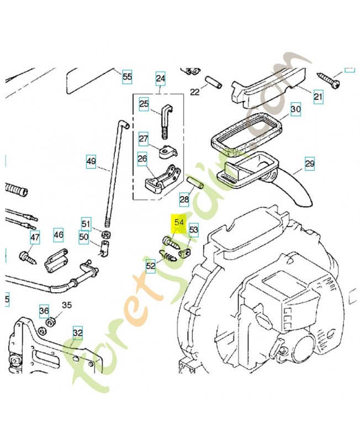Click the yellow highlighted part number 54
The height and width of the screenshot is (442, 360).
coord(178,223)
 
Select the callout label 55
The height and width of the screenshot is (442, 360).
coord(127,77)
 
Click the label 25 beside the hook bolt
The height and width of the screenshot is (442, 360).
coord(144,103)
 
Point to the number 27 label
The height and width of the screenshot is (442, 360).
coord(144,139)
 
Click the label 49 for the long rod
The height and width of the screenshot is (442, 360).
coord(91,162)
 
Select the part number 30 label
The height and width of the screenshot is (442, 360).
coord(295,109)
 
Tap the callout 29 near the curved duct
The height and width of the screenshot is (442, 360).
coord(309,164)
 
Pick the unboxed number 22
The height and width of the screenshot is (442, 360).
coord(194,92)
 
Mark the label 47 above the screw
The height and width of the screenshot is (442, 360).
coord(35,238)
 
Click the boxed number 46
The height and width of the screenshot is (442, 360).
coord(59,235)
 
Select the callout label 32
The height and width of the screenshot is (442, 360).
coord(78,333)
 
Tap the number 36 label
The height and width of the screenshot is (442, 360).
coord(44,311)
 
